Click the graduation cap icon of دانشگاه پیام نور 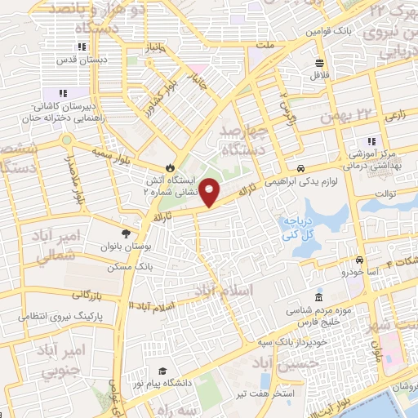[162, 371]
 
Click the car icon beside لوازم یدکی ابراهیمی [300, 167]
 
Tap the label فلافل [318, 75]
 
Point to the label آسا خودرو [355, 270]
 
